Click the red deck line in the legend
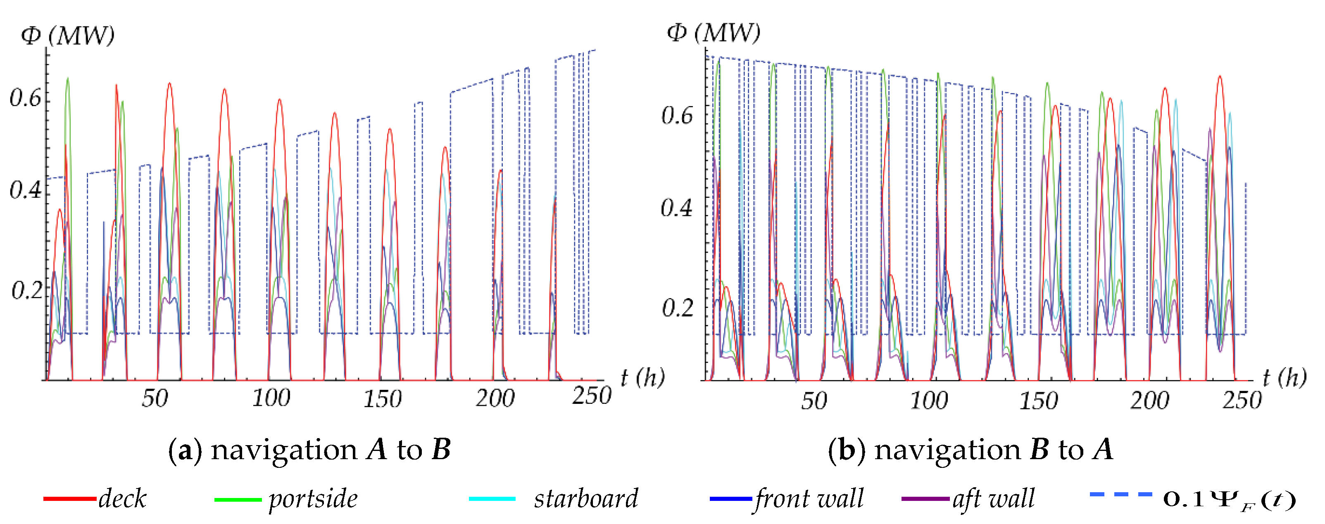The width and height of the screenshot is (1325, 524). click(69, 498)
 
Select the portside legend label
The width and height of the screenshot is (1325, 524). click(313, 499)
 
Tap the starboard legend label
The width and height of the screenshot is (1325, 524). click(586, 498)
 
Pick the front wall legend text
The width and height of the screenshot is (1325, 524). click(809, 498)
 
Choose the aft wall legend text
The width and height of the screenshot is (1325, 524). click(993, 498)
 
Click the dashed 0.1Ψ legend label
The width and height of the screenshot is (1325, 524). click(1229, 499)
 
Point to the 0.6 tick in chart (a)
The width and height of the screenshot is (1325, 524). click(26, 98)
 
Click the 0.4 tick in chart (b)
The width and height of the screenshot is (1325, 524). click(676, 208)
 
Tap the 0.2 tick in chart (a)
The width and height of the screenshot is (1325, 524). click(27, 291)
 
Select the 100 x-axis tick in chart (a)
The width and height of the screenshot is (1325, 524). click(271, 398)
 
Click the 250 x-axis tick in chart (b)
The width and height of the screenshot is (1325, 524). click(1242, 400)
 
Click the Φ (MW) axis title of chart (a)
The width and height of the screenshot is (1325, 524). click(67, 36)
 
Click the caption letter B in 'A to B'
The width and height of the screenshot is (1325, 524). click(441, 449)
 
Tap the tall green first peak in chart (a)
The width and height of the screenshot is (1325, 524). click(67, 80)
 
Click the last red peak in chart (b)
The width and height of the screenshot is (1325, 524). click(1220, 77)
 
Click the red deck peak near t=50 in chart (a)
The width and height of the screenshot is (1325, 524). click(169, 84)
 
